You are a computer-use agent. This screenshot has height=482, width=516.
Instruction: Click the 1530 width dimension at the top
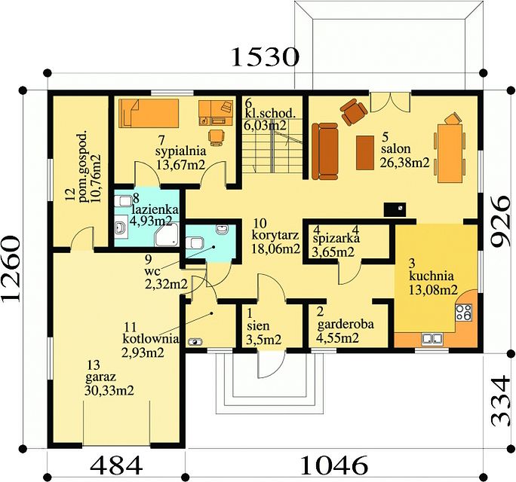266,56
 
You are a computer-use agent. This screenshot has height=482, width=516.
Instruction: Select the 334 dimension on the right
500,401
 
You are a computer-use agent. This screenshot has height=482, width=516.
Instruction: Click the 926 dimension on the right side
500,221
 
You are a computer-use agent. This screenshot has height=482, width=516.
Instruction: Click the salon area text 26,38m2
405,163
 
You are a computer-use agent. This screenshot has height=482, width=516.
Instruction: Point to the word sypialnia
180,152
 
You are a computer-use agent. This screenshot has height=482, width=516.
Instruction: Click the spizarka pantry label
336,238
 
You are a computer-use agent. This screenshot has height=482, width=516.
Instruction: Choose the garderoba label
346,325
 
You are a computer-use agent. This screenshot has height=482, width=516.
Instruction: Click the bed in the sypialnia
149,114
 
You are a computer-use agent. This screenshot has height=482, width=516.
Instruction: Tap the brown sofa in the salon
325,151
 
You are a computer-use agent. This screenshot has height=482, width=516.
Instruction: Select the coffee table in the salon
365,153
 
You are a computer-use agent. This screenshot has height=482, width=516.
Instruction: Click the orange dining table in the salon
450,153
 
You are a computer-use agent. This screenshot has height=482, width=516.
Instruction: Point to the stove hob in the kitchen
464,312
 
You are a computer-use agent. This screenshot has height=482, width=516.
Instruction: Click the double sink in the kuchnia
432,338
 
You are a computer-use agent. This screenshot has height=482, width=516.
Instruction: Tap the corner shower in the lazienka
167,234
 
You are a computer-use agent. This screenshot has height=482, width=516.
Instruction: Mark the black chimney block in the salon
395,209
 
